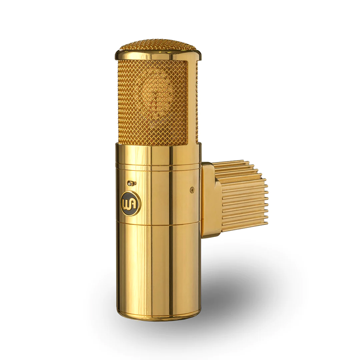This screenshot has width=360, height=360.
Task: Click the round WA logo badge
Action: coord(130,203)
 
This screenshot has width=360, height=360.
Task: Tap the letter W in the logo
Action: coord(127,203)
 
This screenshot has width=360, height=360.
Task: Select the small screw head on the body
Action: coord(192,190)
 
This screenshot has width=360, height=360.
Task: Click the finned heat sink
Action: coord(243,197)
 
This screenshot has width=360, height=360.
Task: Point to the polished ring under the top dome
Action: coord(157,56)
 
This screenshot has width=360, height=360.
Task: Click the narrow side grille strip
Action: coord(197,101)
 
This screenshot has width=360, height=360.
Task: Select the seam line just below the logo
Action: coord(158,225)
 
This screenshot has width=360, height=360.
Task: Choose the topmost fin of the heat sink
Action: coord(229,163)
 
